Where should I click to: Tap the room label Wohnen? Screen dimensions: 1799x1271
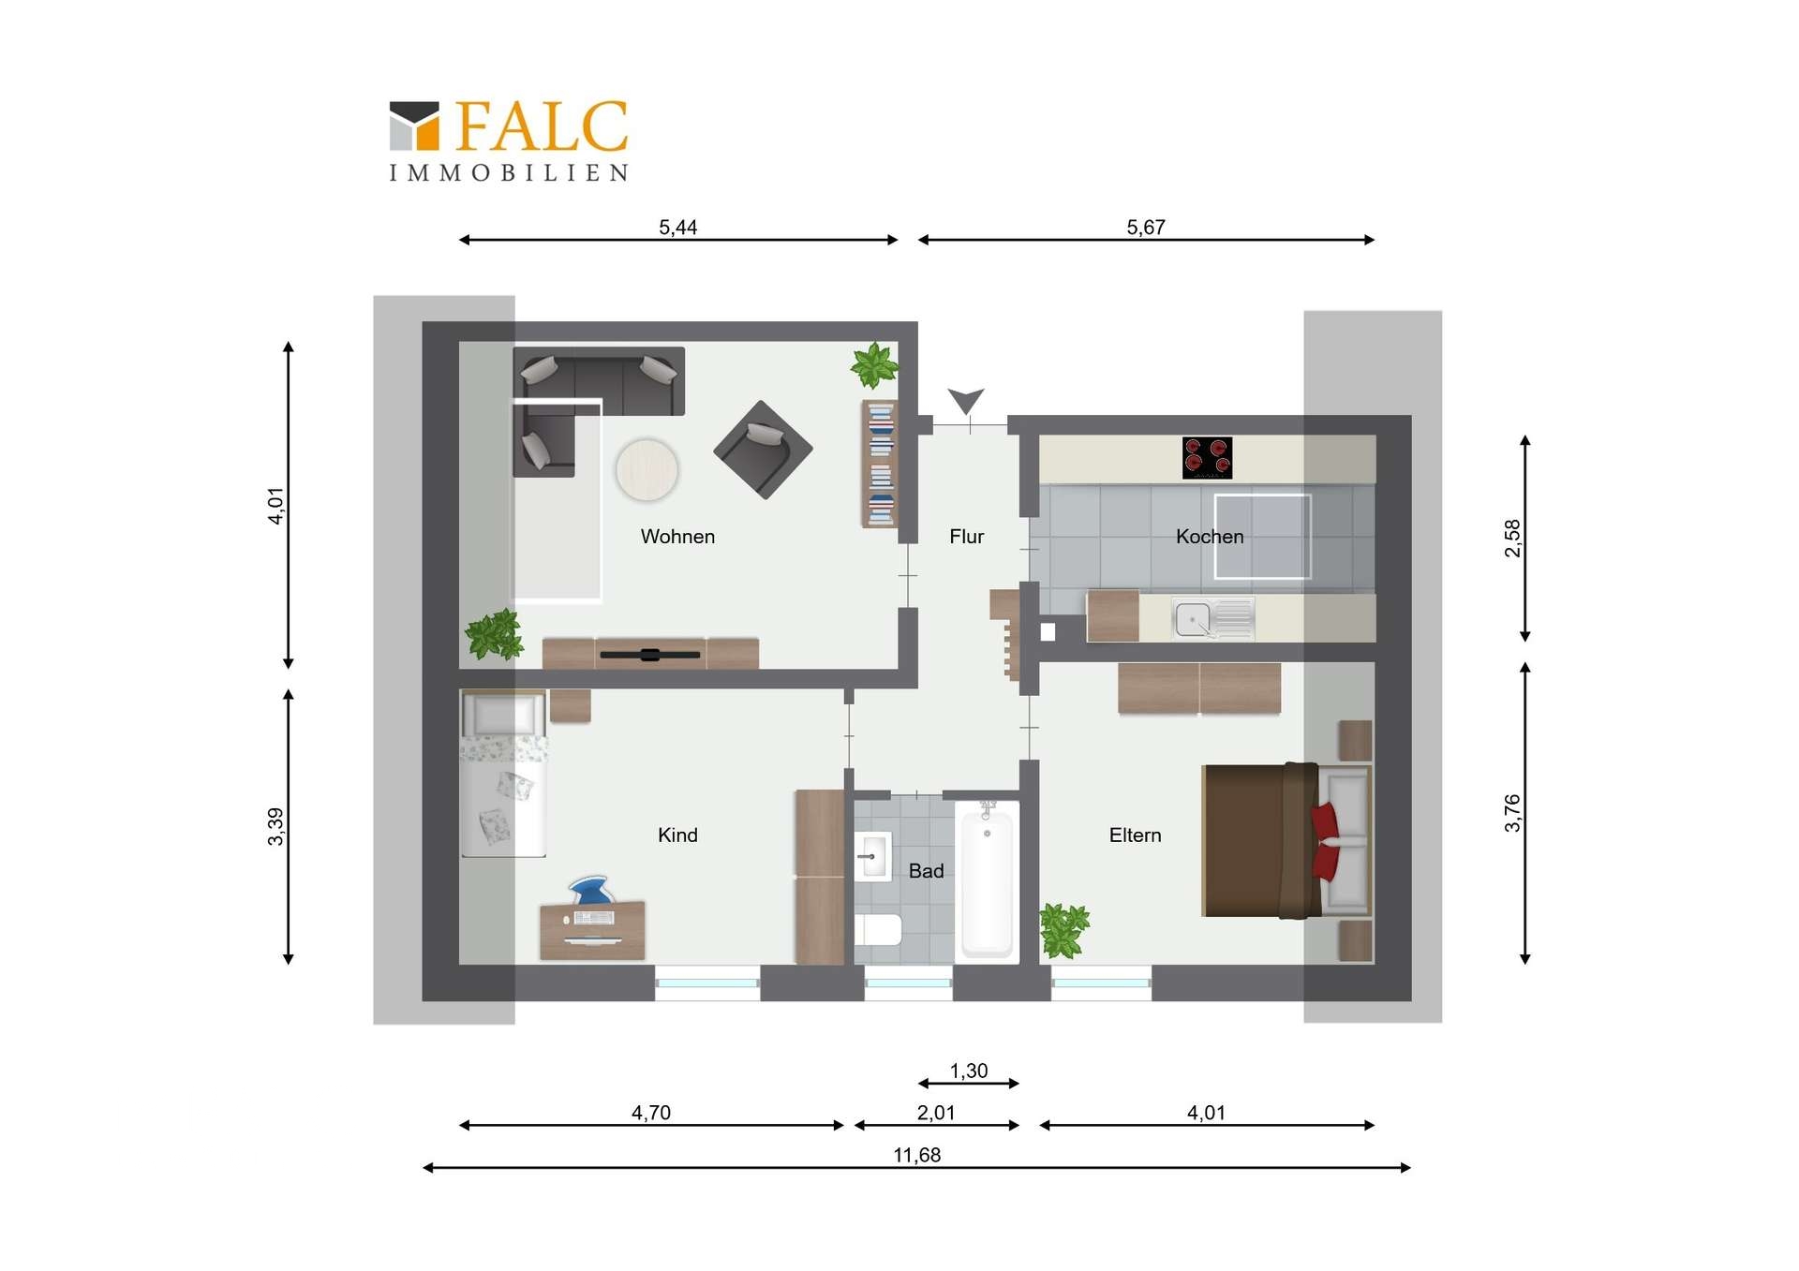[x=677, y=537]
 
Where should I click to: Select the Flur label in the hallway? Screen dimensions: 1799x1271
[x=966, y=537]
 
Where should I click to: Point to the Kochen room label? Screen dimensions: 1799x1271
[x=1210, y=537]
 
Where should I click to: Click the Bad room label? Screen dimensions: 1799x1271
[x=926, y=871]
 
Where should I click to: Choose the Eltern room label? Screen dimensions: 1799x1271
[x=1135, y=835]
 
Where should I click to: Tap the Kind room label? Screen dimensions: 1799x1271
[x=677, y=835]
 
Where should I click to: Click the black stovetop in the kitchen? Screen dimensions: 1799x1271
[x=1207, y=458]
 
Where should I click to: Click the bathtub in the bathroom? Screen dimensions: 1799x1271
[x=987, y=881]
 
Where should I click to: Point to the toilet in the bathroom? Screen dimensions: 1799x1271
[x=878, y=930]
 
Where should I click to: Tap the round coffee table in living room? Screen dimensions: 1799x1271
[x=647, y=470]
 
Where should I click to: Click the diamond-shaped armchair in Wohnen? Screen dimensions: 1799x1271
[x=763, y=450]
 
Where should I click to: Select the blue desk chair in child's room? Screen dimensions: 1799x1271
[x=592, y=890]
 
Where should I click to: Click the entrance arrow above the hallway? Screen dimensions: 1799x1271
[x=965, y=400]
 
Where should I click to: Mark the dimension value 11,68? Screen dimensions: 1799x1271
[x=916, y=1156]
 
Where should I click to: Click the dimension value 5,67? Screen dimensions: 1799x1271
[x=1145, y=228]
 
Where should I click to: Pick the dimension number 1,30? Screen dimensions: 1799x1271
[x=968, y=1071]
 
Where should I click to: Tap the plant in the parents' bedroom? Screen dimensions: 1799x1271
[x=1063, y=930]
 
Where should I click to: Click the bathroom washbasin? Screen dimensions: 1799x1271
[x=872, y=856]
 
